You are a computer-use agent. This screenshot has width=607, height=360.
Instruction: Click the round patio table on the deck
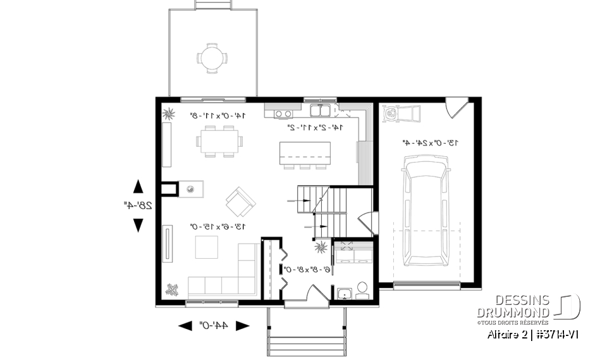pos(210,58)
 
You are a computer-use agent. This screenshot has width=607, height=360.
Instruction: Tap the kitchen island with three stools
pos(305,154)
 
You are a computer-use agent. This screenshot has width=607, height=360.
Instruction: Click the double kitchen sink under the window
pos(320,112)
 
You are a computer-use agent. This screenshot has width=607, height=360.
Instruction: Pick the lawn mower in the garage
pos(402,115)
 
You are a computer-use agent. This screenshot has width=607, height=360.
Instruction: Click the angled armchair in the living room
pos(240,201)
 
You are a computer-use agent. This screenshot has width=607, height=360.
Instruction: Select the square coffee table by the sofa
pos(206,247)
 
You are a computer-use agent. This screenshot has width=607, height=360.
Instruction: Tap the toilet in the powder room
pos(362,291)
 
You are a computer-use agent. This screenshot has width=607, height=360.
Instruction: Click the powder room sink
pos(345,293)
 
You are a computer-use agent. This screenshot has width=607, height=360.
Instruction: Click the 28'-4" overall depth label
pos(138,205)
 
